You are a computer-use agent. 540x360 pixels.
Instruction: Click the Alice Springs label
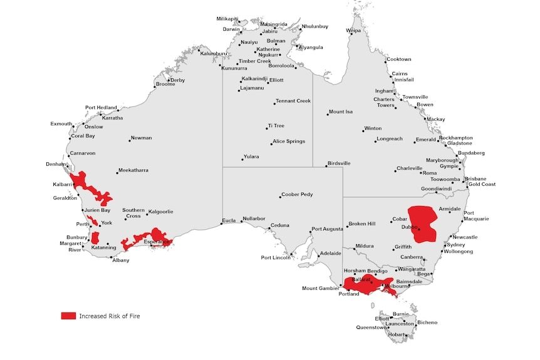point(289,141)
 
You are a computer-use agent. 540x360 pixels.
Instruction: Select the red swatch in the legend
point(68,316)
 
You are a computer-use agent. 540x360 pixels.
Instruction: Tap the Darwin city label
point(231,29)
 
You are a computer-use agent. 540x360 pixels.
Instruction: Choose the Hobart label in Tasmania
point(396,334)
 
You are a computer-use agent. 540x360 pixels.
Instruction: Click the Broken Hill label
point(361,224)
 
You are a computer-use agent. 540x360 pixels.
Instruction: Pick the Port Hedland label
point(101,108)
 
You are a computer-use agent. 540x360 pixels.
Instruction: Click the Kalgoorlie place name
point(160,212)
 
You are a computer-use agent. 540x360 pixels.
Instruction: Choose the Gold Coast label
point(482,184)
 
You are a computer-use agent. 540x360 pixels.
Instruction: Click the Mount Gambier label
point(319,289)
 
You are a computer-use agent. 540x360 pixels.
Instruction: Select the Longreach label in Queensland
point(390,139)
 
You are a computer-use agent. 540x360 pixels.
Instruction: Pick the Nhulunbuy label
point(314,27)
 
